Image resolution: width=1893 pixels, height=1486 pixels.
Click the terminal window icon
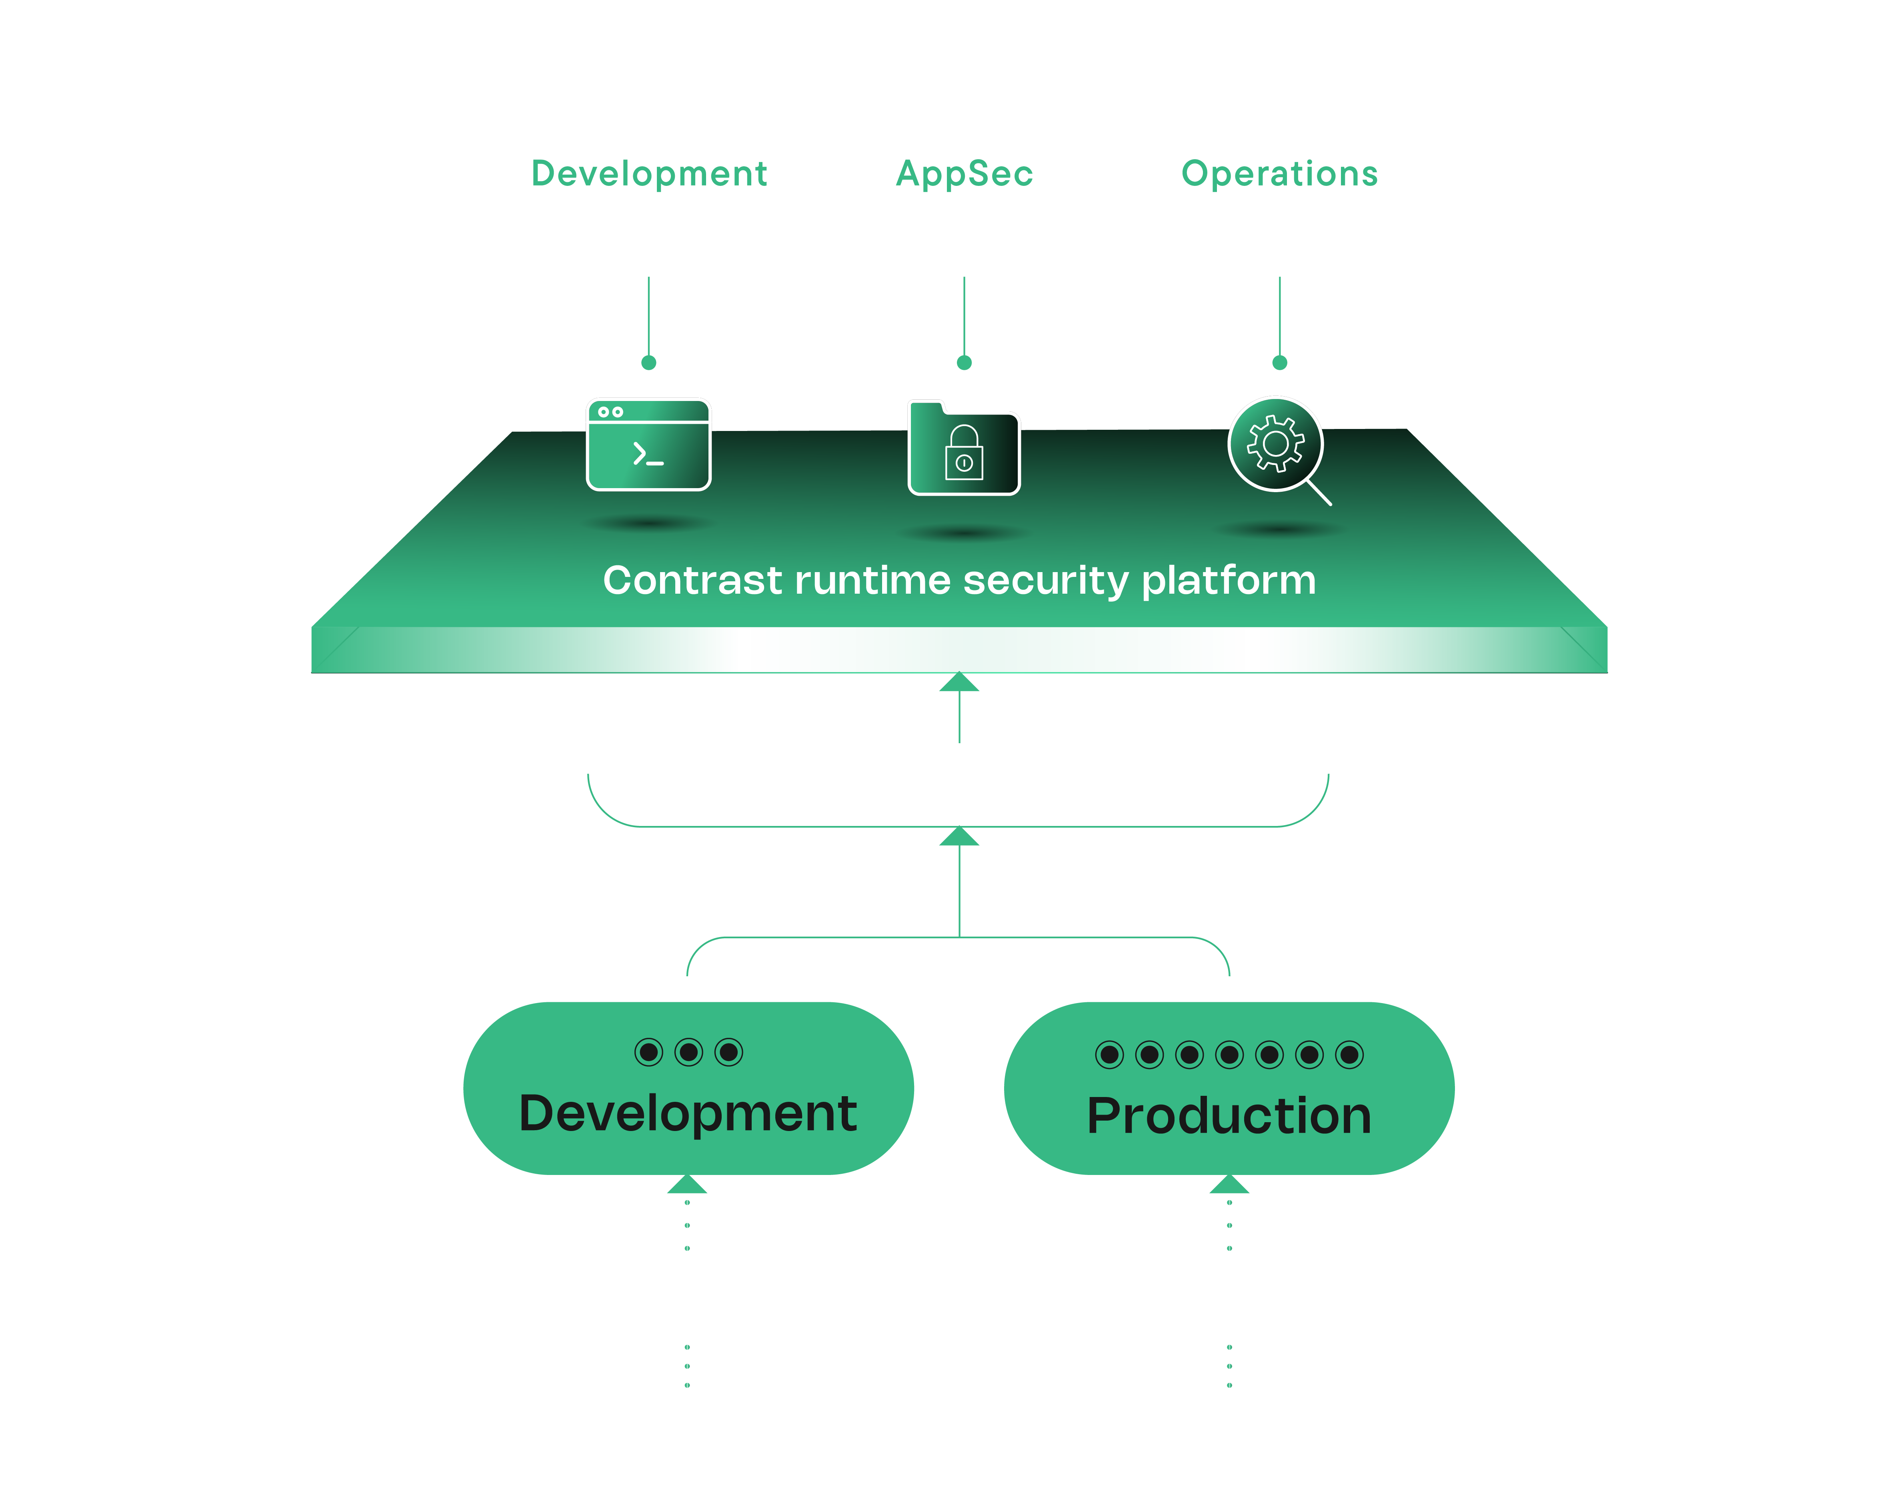click(x=648, y=445)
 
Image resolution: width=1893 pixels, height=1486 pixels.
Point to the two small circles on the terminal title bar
click(x=611, y=411)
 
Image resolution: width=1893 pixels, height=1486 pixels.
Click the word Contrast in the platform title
click(x=693, y=580)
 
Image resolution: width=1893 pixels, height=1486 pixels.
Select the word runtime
click(x=873, y=580)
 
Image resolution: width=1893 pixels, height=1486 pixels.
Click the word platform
click(x=1229, y=580)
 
